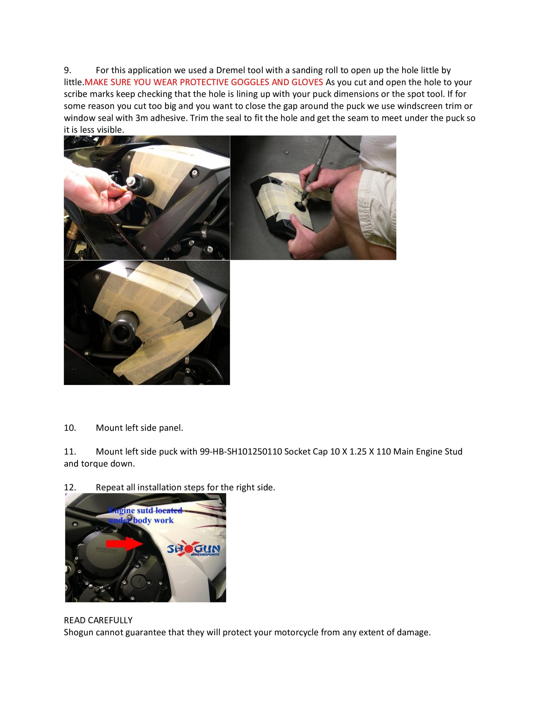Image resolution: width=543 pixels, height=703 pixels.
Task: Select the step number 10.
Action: click(x=70, y=428)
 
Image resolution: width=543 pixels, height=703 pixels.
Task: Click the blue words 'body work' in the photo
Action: click(x=153, y=520)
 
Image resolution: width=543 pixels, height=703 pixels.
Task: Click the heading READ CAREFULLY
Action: click(x=98, y=620)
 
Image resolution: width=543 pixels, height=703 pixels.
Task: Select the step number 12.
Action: click(x=70, y=487)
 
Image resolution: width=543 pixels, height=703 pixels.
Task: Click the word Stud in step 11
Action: click(x=454, y=452)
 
